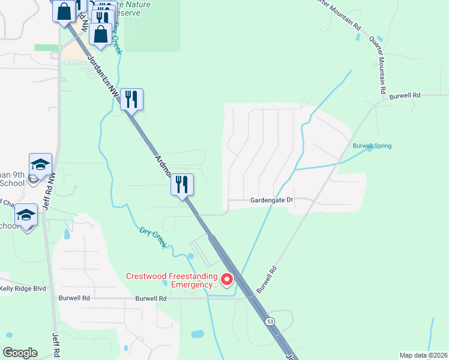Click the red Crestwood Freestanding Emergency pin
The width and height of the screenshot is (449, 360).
click(227, 279)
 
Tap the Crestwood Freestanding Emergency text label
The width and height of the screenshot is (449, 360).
click(171, 280)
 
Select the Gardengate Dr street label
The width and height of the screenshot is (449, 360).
click(271, 200)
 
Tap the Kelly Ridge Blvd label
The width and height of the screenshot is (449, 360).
click(23, 289)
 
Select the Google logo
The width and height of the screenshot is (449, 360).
click(20, 353)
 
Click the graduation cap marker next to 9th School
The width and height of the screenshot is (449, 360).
click(40, 164)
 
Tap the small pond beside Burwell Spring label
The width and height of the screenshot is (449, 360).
click(370, 149)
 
